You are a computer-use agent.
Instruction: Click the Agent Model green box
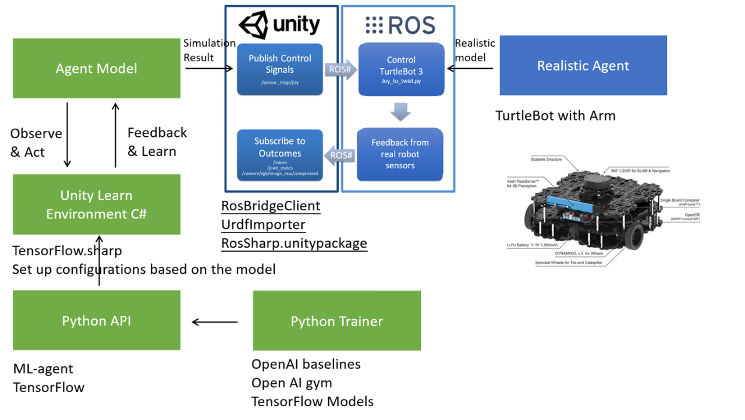97,68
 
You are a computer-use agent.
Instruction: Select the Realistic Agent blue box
583,65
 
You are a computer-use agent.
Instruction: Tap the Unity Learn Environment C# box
97,204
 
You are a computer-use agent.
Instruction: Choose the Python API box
97,320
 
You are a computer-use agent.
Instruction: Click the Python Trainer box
337,321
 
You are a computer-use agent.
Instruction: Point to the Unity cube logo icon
253,26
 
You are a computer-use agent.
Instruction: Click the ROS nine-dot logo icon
374,25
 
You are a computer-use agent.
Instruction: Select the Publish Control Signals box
280,69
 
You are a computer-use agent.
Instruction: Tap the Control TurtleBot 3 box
401,69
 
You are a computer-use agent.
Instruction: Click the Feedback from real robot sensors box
400,154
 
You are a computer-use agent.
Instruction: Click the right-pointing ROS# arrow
340,69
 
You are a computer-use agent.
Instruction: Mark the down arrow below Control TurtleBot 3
400,112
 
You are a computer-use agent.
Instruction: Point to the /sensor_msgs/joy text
280,82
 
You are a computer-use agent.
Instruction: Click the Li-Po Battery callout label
532,245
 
